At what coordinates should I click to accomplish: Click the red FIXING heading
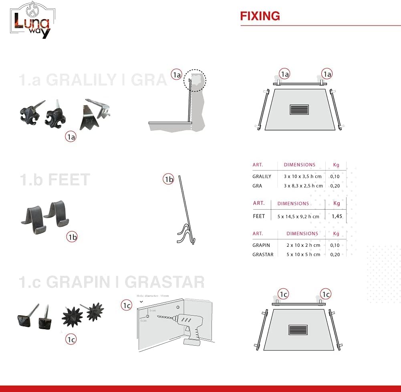pyautogui.click(x=260, y=16)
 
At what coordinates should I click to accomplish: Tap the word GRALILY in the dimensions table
pyautogui.click(x=262, y=176)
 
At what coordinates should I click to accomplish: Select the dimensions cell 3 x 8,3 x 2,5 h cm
pyautogui.click(x=303, y=186)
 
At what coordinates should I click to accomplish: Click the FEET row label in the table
pyautogui.click(x=259, y=216)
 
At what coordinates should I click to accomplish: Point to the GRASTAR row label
pyautogui.click(x=263, y=254)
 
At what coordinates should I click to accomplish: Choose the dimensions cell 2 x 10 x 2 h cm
pyautogui.click(x=303, y=245)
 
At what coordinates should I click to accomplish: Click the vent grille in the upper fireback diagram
pyautogui.click(x=299, y=110)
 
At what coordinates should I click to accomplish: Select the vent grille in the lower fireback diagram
pyautogui.click(x=298, y=330)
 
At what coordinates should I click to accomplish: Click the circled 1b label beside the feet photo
pyautogui.click(x=72, y=237)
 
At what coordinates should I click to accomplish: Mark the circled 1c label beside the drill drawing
pyautogui.click(x=127, y=305)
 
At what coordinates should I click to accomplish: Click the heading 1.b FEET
pyautogui.click(x=54, y=180)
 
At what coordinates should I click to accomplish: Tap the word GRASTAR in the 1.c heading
pyautogui.click(x=164, y=282)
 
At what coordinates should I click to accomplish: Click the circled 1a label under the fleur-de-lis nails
pyautogui.click(x=71, y=137)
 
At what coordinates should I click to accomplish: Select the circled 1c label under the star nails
pyautogui.click(x=71, y=339)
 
